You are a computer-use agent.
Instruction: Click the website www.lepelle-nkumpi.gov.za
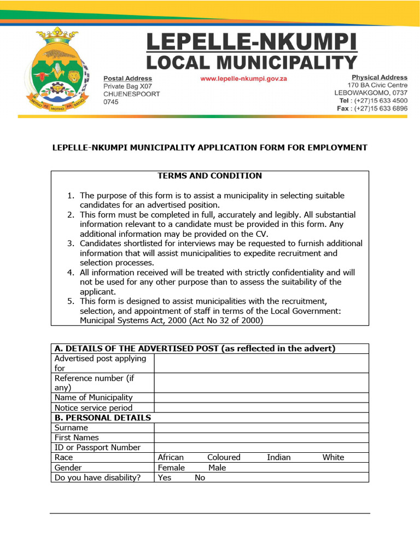point(244,78)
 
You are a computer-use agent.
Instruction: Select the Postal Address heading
point(128,78)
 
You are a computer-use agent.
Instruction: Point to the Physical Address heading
point(380,78)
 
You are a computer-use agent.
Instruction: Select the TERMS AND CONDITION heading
point(210,176)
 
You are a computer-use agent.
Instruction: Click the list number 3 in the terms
point(71,243)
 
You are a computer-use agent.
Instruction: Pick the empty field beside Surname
point(261,428)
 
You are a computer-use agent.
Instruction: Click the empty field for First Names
point(261,437)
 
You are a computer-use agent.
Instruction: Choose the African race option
point(171,457)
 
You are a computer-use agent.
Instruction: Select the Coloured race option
point(224,457)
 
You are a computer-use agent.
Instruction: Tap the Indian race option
point(279,457)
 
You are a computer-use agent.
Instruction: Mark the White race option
point(333,457)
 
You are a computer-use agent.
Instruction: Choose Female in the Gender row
point(171,468)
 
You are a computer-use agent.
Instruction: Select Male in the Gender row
point(217,468)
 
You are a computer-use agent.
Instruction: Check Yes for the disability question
point(165,477)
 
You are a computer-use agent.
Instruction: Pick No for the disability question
point(200,477)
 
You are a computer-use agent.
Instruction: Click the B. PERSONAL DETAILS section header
point(103,418)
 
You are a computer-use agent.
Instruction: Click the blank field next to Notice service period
point(261,407)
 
